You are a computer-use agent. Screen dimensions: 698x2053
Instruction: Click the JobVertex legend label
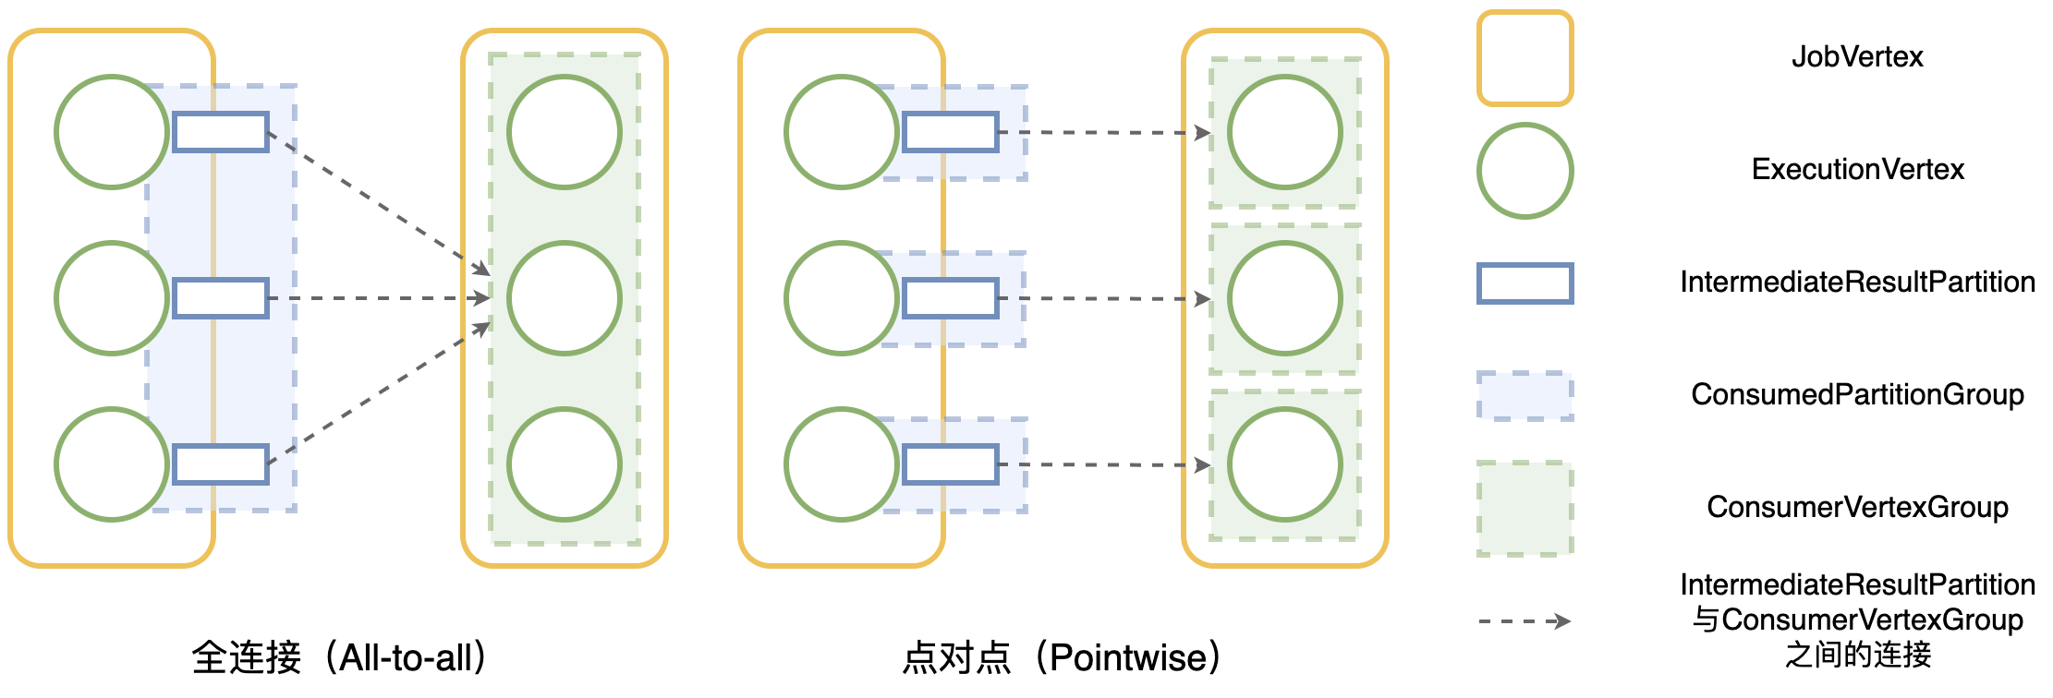click(x=1857, y=57)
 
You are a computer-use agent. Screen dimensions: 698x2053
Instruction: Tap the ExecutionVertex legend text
click(x=1857, y=170)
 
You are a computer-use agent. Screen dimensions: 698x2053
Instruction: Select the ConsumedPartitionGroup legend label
click(x=1857, y=395)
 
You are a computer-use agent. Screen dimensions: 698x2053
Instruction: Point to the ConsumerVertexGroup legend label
click(x=1857, y=508)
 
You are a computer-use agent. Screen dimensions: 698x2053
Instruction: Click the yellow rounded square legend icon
click(x=1525, y=58)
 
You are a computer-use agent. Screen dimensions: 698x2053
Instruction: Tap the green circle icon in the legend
click(x=1525, y=171)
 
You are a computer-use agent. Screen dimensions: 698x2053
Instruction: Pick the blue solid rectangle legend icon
click(x=1525, y=283)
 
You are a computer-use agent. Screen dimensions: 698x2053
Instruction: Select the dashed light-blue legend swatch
click(x=1525, y=396)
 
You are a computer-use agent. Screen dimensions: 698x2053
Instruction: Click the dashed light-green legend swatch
click(x=1525, y=509)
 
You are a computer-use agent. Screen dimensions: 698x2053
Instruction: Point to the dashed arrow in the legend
click(x=1525, y=621)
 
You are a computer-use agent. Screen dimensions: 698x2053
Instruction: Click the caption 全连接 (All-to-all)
click(x=339, y=657)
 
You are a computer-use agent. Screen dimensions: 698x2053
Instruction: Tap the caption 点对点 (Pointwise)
click(x=1062, y=657)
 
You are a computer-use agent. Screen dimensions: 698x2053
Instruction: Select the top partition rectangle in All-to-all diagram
click(x=221, y=132)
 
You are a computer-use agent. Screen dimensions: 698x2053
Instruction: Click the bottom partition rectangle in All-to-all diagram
click(x=221, y=464)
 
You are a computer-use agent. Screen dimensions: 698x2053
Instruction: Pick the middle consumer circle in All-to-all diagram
click(x=564, y=298)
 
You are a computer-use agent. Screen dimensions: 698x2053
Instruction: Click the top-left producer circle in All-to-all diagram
click(x=111, y=132)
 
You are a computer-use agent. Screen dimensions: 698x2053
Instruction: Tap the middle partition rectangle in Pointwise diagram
click(x=950, y=298)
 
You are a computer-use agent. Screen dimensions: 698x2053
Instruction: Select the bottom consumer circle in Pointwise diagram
click(x=1284, y=464)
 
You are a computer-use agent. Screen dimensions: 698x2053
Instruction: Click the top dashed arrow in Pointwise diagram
click(x=1104, y=133)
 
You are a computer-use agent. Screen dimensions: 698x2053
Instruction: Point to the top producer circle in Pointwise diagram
click(x=841, y=132)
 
